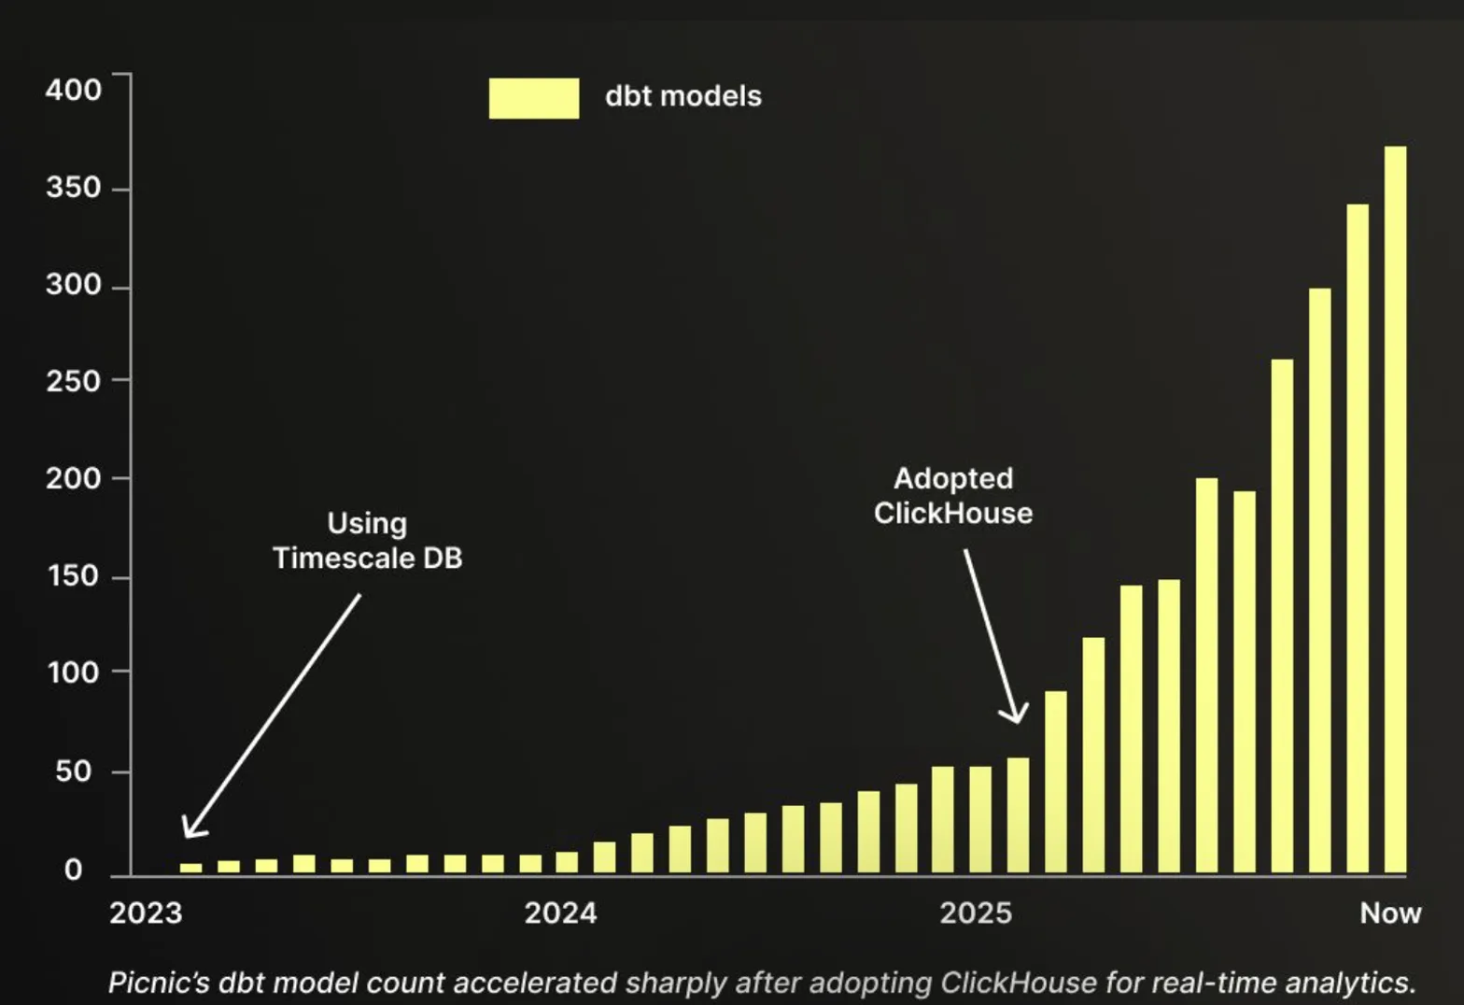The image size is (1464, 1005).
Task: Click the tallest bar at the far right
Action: tap(1395, 509)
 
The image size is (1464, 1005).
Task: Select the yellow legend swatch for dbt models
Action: tap(533, 98)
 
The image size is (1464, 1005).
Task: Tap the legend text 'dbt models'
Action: tap(683, 96)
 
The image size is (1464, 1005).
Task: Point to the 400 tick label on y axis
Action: tap(73, 90)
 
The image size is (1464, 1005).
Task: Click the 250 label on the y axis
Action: tap(73, 381)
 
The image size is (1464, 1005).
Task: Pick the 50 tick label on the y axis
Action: tap(73, 771)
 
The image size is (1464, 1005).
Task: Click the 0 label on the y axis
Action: tap(73, 870)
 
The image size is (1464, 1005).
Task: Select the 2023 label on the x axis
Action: tap(146, 913)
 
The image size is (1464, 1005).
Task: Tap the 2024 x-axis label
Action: tap(560, 913)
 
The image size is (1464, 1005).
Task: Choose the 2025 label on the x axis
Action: tap(976, 913)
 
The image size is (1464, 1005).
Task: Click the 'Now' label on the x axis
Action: tap(1390, 913)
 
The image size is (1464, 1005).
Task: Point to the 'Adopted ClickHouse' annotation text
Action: tap(953, 496)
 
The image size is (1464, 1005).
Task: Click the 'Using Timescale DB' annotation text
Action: tap(367, 541)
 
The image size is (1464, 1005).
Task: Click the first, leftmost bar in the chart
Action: tap(190, 868)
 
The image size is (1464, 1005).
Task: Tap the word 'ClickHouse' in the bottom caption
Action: tap(1018, 983)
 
